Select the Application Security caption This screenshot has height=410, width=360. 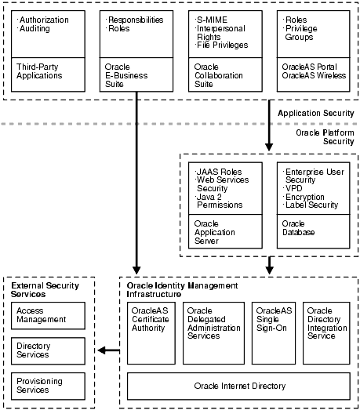tap(316, 114)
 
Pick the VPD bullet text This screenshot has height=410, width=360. tap(294, 188)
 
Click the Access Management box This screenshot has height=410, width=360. tap(49, 315)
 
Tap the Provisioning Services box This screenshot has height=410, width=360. tap(49, 385)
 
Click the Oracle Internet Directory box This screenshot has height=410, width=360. tap(240, 386)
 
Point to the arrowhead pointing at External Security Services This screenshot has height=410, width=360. tap(103, 350)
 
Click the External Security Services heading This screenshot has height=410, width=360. tap(39, 291)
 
